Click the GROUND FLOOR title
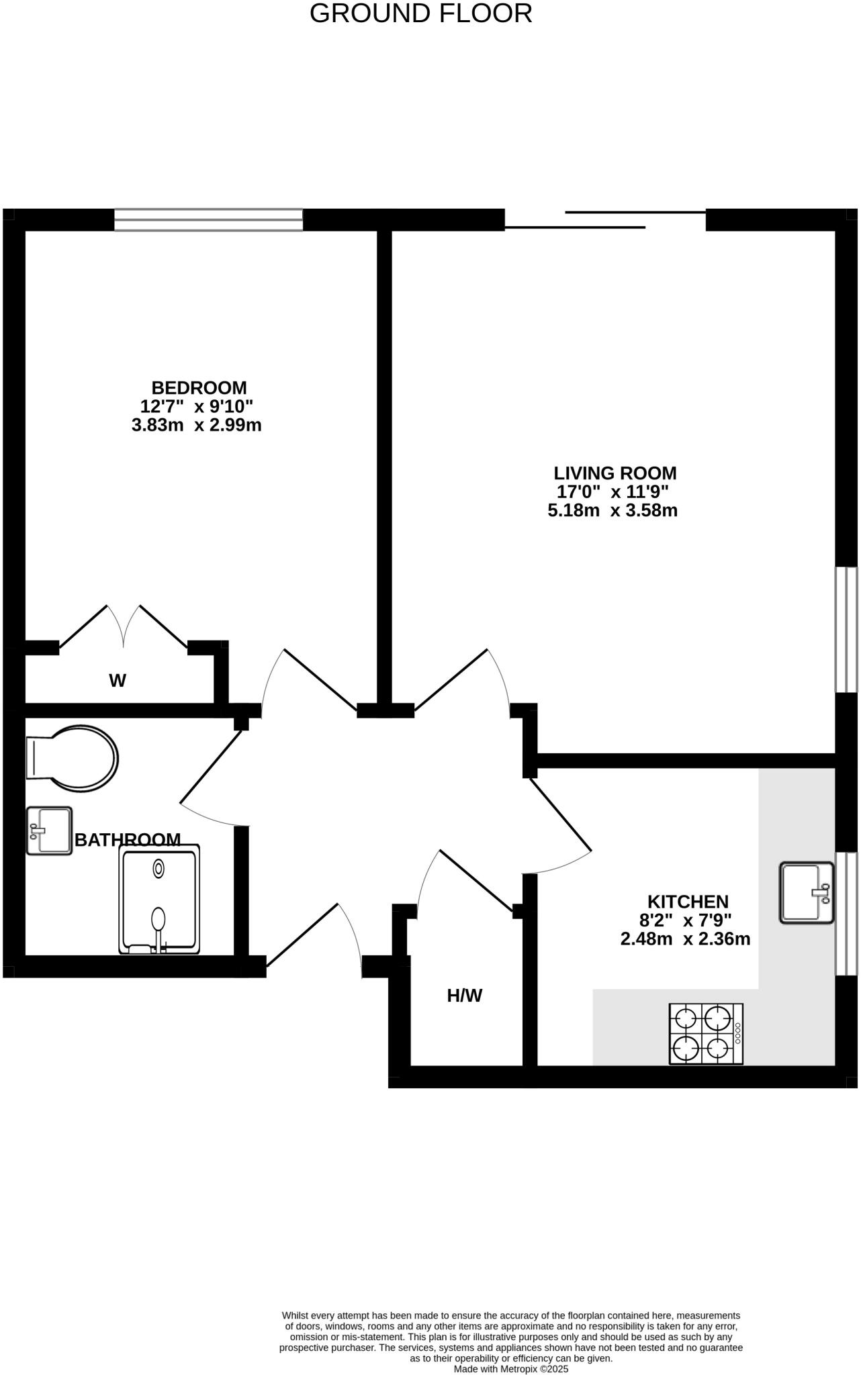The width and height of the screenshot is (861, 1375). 420,14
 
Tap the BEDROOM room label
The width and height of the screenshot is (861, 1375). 199,388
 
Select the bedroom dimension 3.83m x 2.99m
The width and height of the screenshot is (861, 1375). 196,425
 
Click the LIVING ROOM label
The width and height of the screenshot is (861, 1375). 615,473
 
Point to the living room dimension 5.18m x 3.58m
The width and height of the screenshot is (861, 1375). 613,510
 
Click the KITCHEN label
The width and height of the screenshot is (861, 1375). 688,902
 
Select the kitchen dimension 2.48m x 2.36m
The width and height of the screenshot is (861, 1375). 685,939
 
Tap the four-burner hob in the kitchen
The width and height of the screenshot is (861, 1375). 706,1034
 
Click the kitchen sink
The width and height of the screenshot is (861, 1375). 806,893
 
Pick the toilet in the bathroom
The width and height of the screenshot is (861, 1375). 72,758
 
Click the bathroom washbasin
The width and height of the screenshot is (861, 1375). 49,831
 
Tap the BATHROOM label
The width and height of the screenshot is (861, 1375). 128,840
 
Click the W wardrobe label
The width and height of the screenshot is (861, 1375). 118,681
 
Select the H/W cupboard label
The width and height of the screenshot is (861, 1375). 465,996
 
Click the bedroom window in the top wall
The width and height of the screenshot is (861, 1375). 208,220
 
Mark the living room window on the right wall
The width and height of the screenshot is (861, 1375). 846,629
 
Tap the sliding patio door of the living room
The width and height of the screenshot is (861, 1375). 604,220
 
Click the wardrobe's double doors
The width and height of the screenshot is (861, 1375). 124,628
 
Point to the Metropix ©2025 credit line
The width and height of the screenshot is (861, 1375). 510,1368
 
